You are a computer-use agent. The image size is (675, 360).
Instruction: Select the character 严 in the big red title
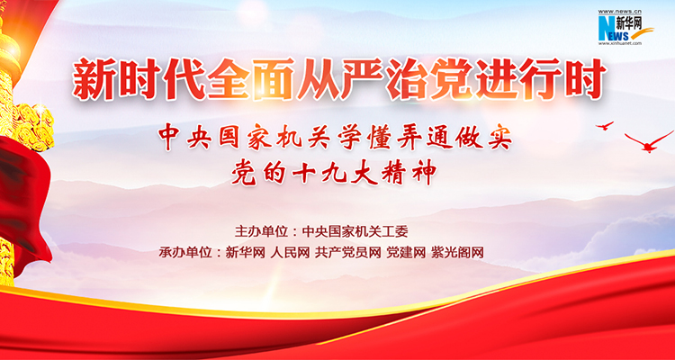[362, 80]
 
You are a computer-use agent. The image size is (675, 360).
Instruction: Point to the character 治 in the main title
[407, 80]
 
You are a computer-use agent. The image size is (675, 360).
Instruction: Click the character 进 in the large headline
[496, 80]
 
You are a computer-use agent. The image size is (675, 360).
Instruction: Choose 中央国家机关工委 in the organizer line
[355, 231]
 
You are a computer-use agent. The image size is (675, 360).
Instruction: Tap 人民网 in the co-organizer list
[290, 252]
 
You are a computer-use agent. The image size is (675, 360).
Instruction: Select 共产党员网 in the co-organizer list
[347, 252]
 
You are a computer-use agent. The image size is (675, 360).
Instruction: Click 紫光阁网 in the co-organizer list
[457, 252]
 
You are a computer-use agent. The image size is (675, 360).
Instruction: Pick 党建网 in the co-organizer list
[406, 252]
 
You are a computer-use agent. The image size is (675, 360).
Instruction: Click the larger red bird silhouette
[648, 143]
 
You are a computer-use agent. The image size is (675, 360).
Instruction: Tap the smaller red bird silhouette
[605, 126]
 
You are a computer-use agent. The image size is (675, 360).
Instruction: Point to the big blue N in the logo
[606, 28]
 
